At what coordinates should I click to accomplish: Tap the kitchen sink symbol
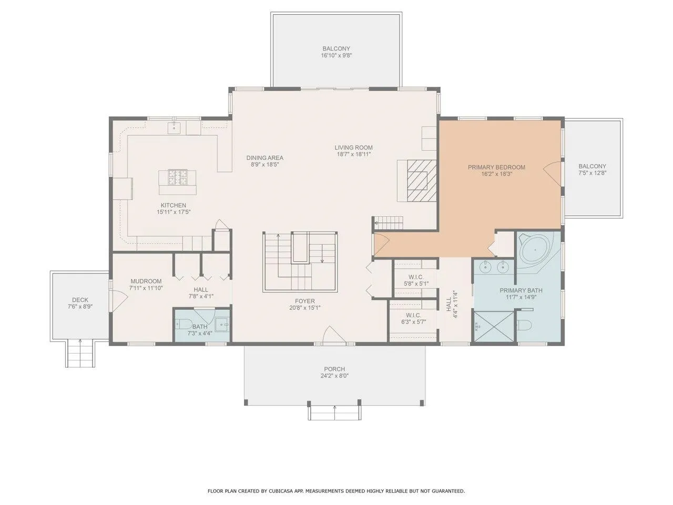(x=175, y=127)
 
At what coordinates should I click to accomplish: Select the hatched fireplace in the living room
(x=422, y=180)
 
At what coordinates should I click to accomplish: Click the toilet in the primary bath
(x=524, y=325)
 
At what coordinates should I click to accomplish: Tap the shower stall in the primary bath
(x=494, y=326)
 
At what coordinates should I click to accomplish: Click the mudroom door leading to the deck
(x=119, y=301)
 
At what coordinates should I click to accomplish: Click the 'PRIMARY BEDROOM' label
(x=496, y=167)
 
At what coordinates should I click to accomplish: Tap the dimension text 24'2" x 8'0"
(x=334, y=376)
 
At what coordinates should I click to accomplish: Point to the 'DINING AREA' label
(x=265, y=158)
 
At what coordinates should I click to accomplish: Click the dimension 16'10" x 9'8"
(x=336, y=56)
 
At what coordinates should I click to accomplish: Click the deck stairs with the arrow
(x=80, y=353)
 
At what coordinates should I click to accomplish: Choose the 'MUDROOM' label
(x=146, y=281)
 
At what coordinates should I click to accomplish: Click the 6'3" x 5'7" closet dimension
(x=414, y=321)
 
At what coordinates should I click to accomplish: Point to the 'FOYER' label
(x=305, y=301)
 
